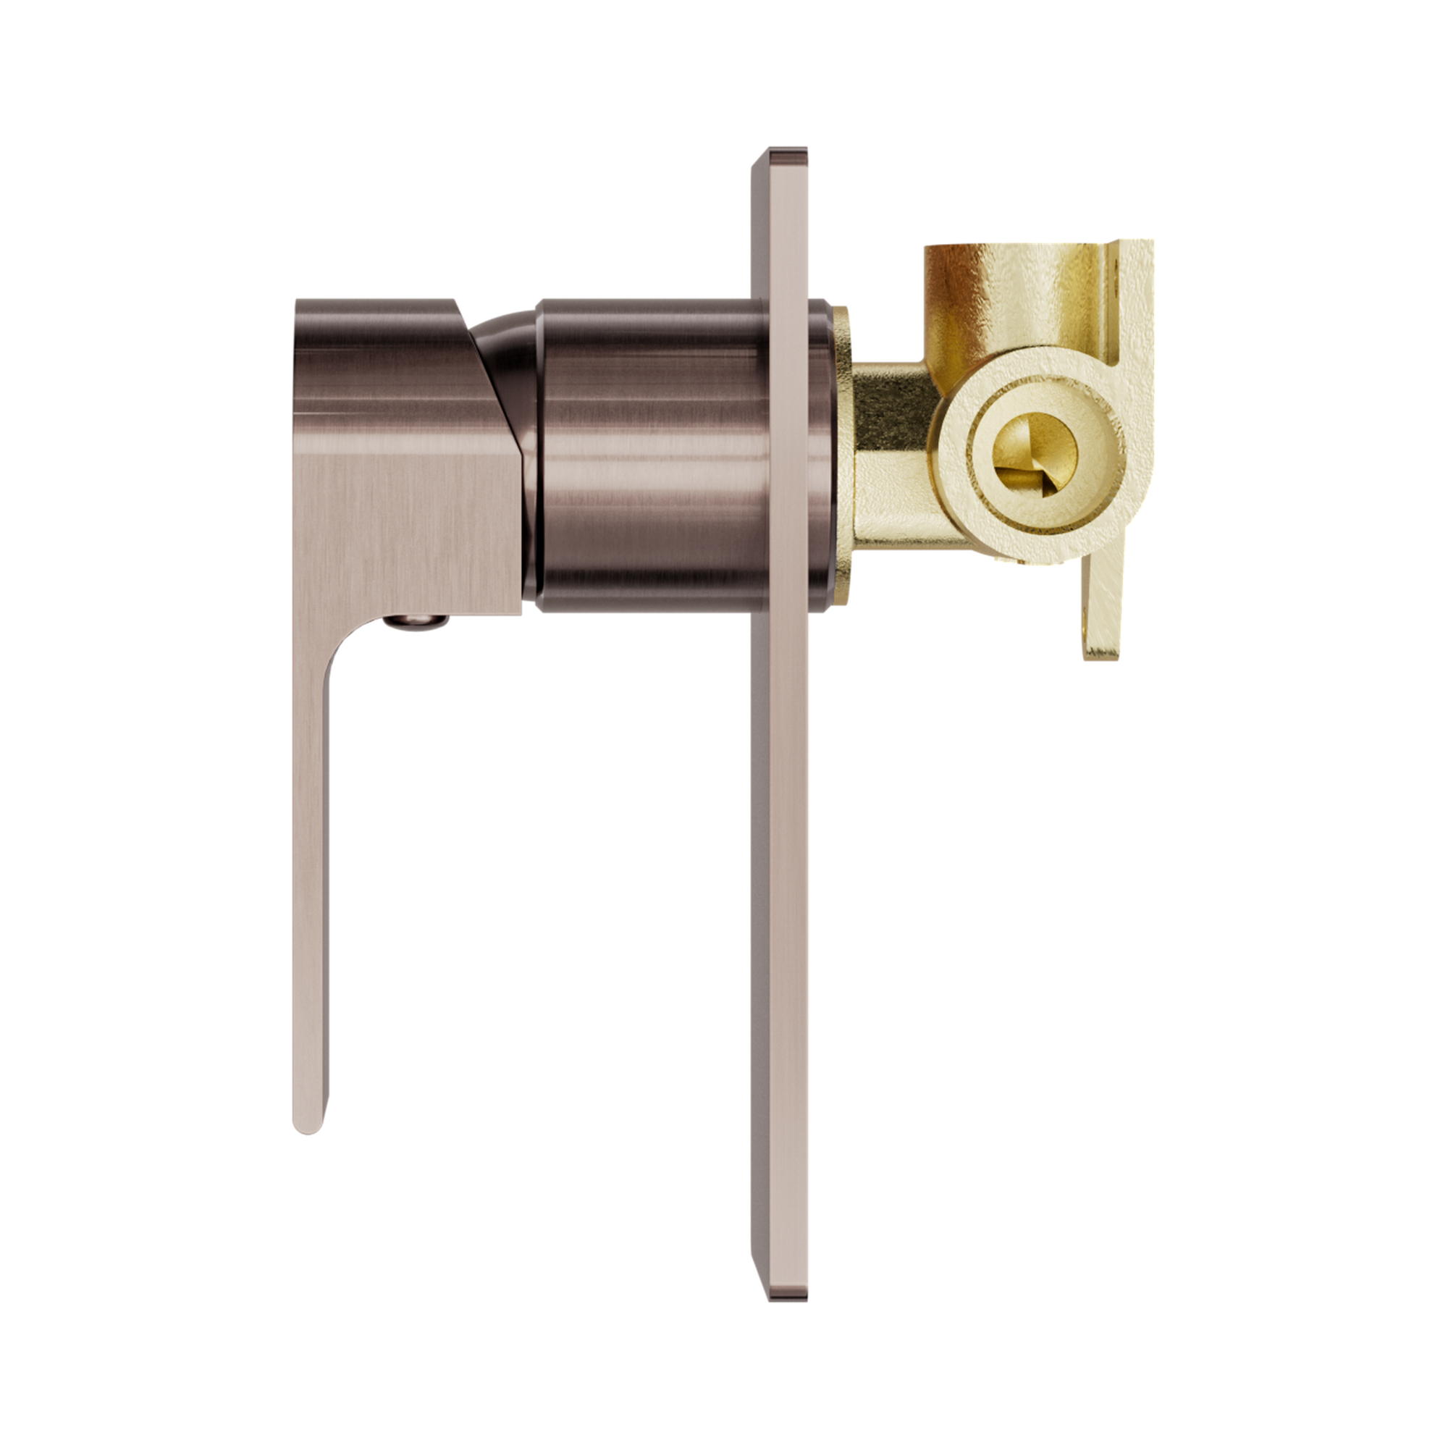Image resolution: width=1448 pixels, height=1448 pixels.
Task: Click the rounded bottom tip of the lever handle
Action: click(x=308, y=1124)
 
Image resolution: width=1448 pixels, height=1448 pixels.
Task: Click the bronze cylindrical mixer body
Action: click(x=644, y=457)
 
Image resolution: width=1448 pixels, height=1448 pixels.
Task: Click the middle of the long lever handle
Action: click(x=309, y=862)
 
